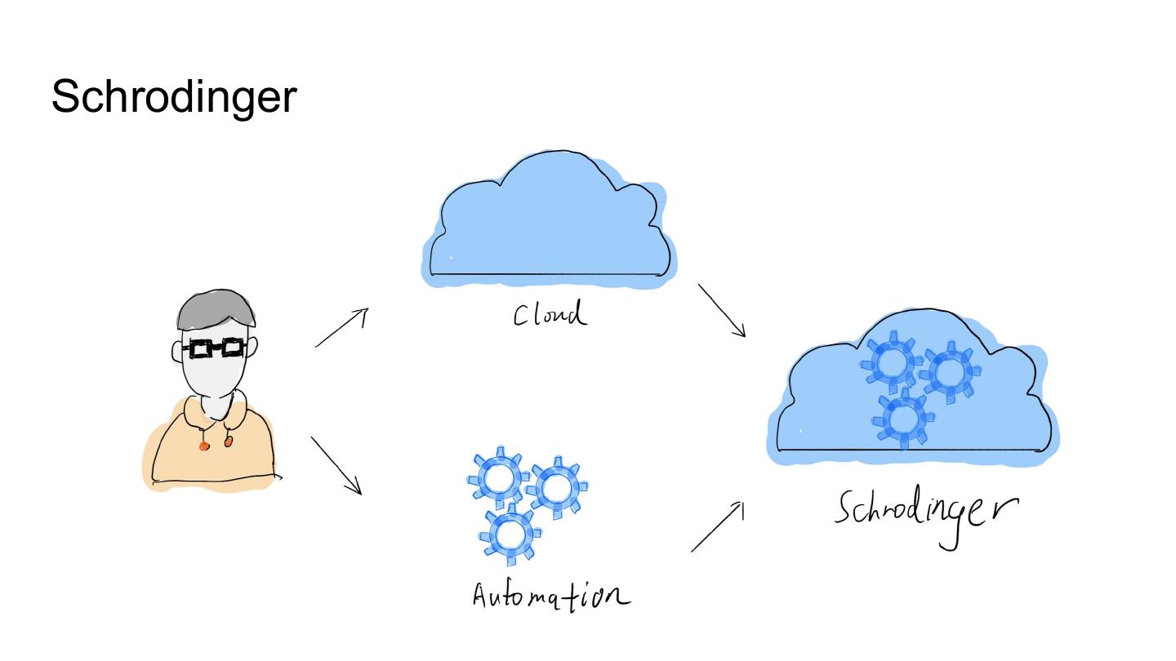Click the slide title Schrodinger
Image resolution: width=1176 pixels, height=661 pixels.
(x=173, y=98)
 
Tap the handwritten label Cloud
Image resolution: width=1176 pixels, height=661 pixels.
(x=550, y=314)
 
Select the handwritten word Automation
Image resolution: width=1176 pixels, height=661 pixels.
(x=551, y=593)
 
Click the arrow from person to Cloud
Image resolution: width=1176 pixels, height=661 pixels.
(x=341, y=328)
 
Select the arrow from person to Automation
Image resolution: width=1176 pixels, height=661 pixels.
(x=336, y=465)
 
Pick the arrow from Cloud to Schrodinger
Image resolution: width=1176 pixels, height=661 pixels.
(x=722, y=310)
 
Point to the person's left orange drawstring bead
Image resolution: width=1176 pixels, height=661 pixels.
(x=204, y=446)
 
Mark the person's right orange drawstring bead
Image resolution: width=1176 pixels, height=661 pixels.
(x=228, y=441)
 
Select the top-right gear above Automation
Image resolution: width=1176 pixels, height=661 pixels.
(x=556, y=488)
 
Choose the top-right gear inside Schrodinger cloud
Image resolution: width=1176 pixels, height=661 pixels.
(x=950, y=372)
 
